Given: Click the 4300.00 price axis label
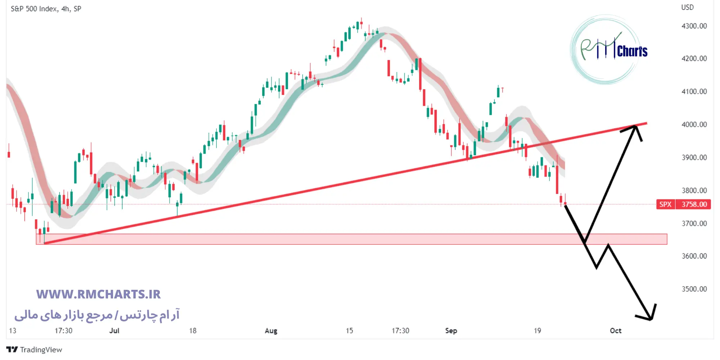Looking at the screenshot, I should pos(694,26).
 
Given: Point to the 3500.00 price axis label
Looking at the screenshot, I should pos(694,289).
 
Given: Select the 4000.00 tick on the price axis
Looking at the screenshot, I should pos(694,125).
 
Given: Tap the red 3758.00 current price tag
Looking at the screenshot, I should pos(694,204).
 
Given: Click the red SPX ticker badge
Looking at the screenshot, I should pos(665,204).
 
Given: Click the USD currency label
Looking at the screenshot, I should pos(687,8).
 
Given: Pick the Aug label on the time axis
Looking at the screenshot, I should pos(271,330).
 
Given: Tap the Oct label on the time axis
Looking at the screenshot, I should pos(616,330).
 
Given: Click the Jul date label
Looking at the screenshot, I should pos(114,330).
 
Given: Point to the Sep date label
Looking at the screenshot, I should pos(451,330).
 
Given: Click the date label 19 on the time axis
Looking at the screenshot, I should pos(537,330).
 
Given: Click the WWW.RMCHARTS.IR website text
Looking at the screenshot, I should pos(98,294).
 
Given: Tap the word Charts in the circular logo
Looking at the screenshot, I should pos(632,51).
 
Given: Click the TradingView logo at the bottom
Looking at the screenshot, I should pos(34,350).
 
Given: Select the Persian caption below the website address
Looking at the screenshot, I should pos(97,315).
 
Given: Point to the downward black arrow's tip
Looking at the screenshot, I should pos(651,319).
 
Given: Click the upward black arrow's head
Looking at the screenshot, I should pos(635,126).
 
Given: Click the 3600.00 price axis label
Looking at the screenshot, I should pos(694,256).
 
